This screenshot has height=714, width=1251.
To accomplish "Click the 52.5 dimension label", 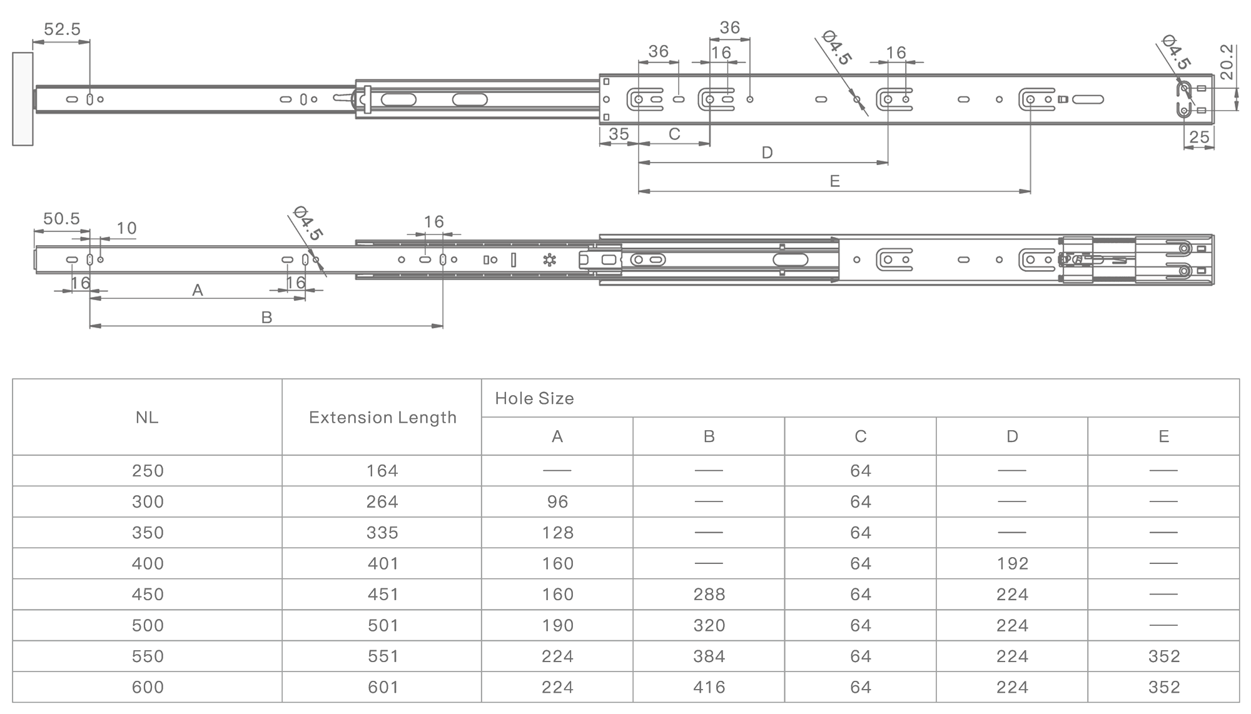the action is [62, 29].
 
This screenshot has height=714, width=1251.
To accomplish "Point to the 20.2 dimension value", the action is [1227, 62].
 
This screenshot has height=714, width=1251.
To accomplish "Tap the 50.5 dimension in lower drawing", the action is [61, 218].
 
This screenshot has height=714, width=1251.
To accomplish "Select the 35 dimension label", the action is [619, 134].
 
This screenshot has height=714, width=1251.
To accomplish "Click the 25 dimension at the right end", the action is [1199, 137].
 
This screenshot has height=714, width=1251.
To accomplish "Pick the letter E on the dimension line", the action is [834, 181].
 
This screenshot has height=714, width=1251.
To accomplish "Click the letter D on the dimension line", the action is [767, 153].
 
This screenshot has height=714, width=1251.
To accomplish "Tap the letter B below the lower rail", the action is [266, 318].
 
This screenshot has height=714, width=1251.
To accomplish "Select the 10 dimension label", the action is [126, 228].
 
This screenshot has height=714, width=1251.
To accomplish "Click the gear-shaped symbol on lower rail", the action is [549, 259].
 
